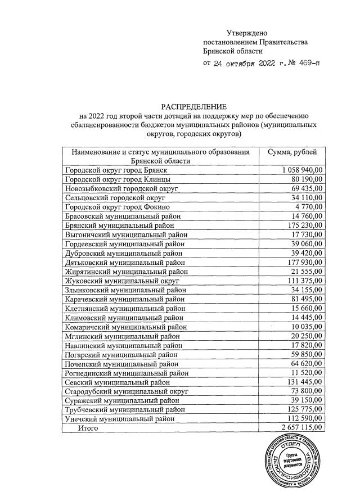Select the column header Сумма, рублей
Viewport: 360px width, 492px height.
[293, 152]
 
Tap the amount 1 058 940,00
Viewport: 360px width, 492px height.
[301, 170]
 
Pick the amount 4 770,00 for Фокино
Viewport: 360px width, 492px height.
[307, 206]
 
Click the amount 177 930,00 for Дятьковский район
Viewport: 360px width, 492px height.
[304, 262]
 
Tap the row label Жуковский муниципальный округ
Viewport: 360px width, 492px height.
[122, 280]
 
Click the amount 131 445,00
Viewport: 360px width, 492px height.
[304, 381]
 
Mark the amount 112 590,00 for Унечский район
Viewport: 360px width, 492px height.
[304, 419]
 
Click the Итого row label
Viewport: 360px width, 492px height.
[88, 428]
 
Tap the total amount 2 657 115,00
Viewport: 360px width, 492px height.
[301, 428]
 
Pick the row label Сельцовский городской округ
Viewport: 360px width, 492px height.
[115, 197]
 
